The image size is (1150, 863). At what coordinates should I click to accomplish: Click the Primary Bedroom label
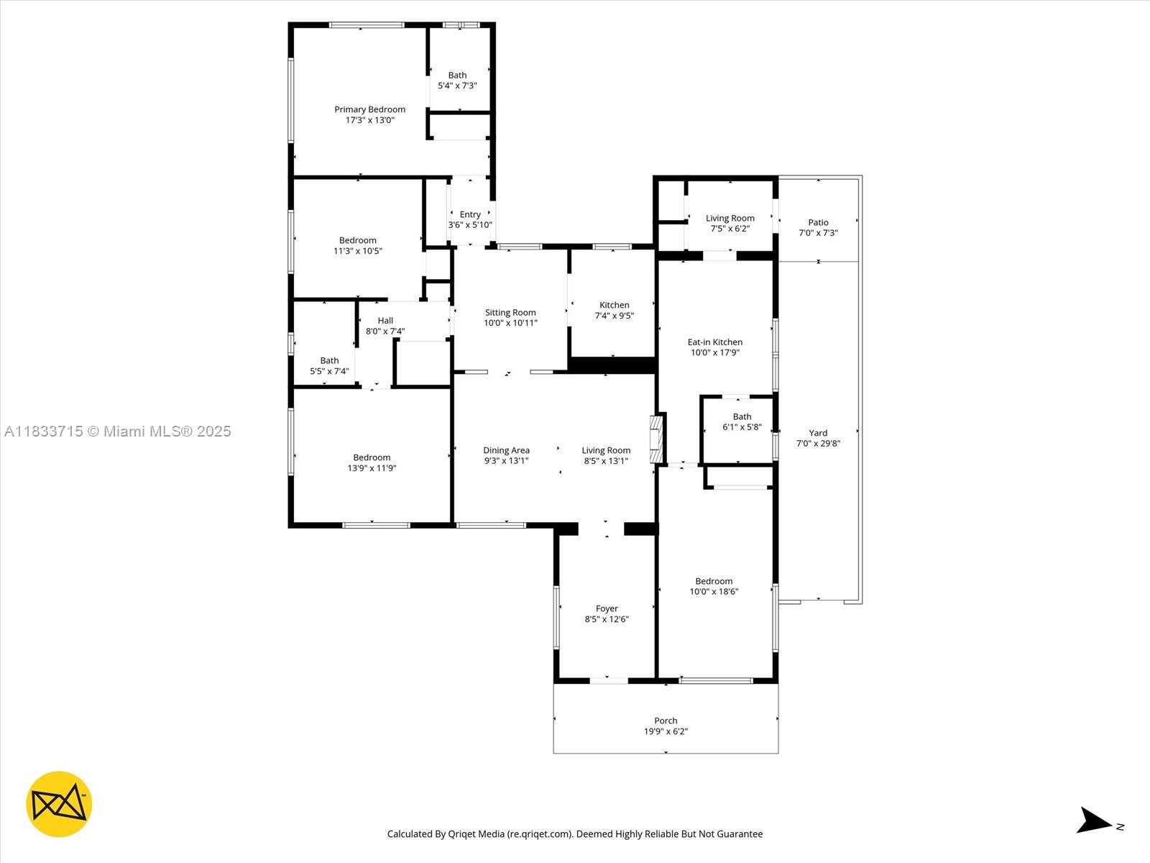(369, 109)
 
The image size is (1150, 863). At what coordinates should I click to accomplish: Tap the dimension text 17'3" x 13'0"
(369, 120)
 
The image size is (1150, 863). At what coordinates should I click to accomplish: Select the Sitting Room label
(510, 312)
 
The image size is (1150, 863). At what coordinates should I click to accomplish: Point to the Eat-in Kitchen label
(714, 342)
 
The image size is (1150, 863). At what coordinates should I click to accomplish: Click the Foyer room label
(607, 608)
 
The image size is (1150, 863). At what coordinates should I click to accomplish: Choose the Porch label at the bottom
(666, 721)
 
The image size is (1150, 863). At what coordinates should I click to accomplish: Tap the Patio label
(818, 222)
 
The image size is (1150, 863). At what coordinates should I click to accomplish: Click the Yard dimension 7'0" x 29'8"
(818, 444)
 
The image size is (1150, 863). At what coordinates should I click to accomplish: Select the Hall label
(385, 321)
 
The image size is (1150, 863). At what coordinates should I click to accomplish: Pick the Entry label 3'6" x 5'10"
(470, 219)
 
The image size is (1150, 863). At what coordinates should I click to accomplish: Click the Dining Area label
(506, 450)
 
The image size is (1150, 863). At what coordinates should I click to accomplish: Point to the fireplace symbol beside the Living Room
(656, 438)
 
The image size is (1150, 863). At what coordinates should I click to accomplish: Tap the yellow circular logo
(59, 804)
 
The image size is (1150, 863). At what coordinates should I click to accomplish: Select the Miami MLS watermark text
(117, 431)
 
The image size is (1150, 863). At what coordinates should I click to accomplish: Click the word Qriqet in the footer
(462, 834)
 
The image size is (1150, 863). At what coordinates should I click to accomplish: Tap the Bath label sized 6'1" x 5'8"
(742, 421)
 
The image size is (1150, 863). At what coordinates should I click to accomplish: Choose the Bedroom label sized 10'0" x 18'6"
(714, 586)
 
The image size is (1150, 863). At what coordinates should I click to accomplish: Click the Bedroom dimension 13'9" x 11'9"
(372, 468)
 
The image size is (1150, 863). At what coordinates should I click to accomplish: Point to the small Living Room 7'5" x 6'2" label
(730, 223)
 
